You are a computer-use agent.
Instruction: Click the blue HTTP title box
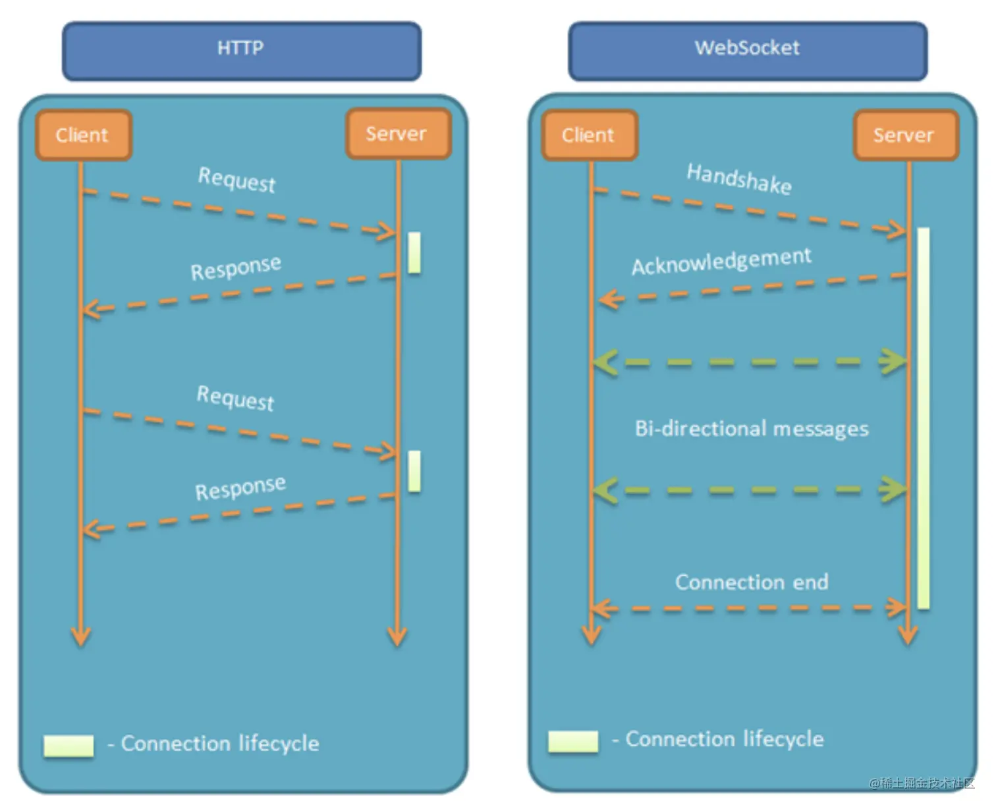(x=241, y=51)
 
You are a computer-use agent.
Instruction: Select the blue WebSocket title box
(x=747, y=51)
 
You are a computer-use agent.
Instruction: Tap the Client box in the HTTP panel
(x=83, y=135)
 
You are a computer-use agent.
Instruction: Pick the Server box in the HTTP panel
(x=397, y=134)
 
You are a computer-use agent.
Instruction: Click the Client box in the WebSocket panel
(x=589, y=135)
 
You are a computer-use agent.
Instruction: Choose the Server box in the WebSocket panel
(x=904, y=135)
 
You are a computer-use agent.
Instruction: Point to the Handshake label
(x=739, y=178)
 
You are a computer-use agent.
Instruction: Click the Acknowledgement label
(x=721, y=262)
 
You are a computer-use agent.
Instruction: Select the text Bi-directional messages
(x=752, y=429)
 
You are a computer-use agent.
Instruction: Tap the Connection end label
(x=752, y=582)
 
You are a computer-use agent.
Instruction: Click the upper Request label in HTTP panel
(x=236, y=179)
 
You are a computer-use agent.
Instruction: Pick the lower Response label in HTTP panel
(x=240, y=488)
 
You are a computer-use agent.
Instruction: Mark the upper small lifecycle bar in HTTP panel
(x=414, y=252)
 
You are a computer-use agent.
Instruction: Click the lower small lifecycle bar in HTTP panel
(x=414, y=471)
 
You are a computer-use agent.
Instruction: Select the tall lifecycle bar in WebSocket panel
(x=924, y=418)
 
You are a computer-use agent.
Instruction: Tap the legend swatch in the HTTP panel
(x=69, y=746)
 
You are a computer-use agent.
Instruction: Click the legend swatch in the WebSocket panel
(x=573, y=741)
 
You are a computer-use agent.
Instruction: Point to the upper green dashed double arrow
(x=749, y=362)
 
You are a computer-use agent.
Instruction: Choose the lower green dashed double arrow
(x=749, y=491)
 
